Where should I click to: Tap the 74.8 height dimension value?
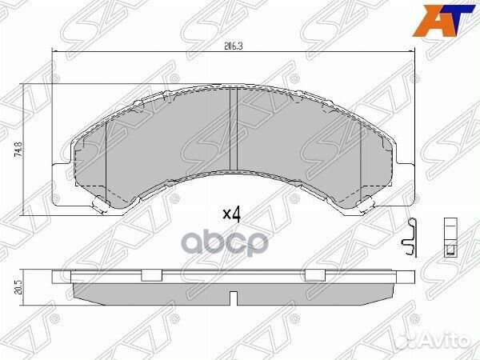point(18,150)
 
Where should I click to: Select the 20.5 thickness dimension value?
point(19,287)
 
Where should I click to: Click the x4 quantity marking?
point(231,214)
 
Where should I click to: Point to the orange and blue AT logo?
point(443,21)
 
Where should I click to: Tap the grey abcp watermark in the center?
point(227,242)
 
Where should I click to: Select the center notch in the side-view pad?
point(234,298)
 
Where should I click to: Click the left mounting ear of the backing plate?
point(62,185)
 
